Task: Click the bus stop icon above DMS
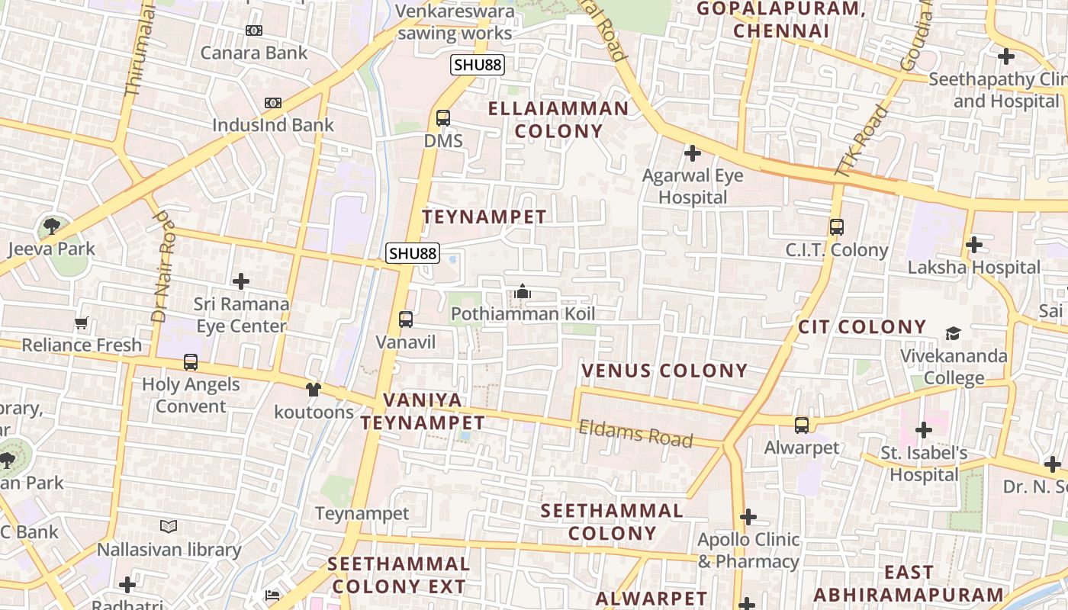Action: [x=442, y=118]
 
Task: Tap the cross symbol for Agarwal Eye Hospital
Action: [x=692, y=154]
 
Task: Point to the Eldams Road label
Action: [x=635, y=434]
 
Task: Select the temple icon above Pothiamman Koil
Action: [x=523, y=291]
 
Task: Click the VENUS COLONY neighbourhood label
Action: [x=664, y=371]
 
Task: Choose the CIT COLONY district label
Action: [x=861, y=327]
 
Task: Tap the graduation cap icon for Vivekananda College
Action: [x=953, y=333]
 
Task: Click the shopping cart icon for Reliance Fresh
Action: [x=82, y=323]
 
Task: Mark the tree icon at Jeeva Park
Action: [x=52, y=226]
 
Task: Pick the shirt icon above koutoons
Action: [x=314, y=390]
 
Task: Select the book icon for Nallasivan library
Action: [x=169, y=527]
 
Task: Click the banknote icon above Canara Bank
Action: [x=254, y=30]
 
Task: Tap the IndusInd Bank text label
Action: [x=272, y=125]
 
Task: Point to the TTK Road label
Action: [x=862, y=141]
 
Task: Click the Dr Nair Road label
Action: [x=162, y=267]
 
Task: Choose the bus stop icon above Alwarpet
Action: [x=801, y=425]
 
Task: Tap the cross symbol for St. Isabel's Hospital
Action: [x=924, y=430]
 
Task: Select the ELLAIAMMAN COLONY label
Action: [x=558, y=120]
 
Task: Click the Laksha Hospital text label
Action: [x=973, y=268]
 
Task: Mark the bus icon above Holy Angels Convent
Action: [x=191, y=362]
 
